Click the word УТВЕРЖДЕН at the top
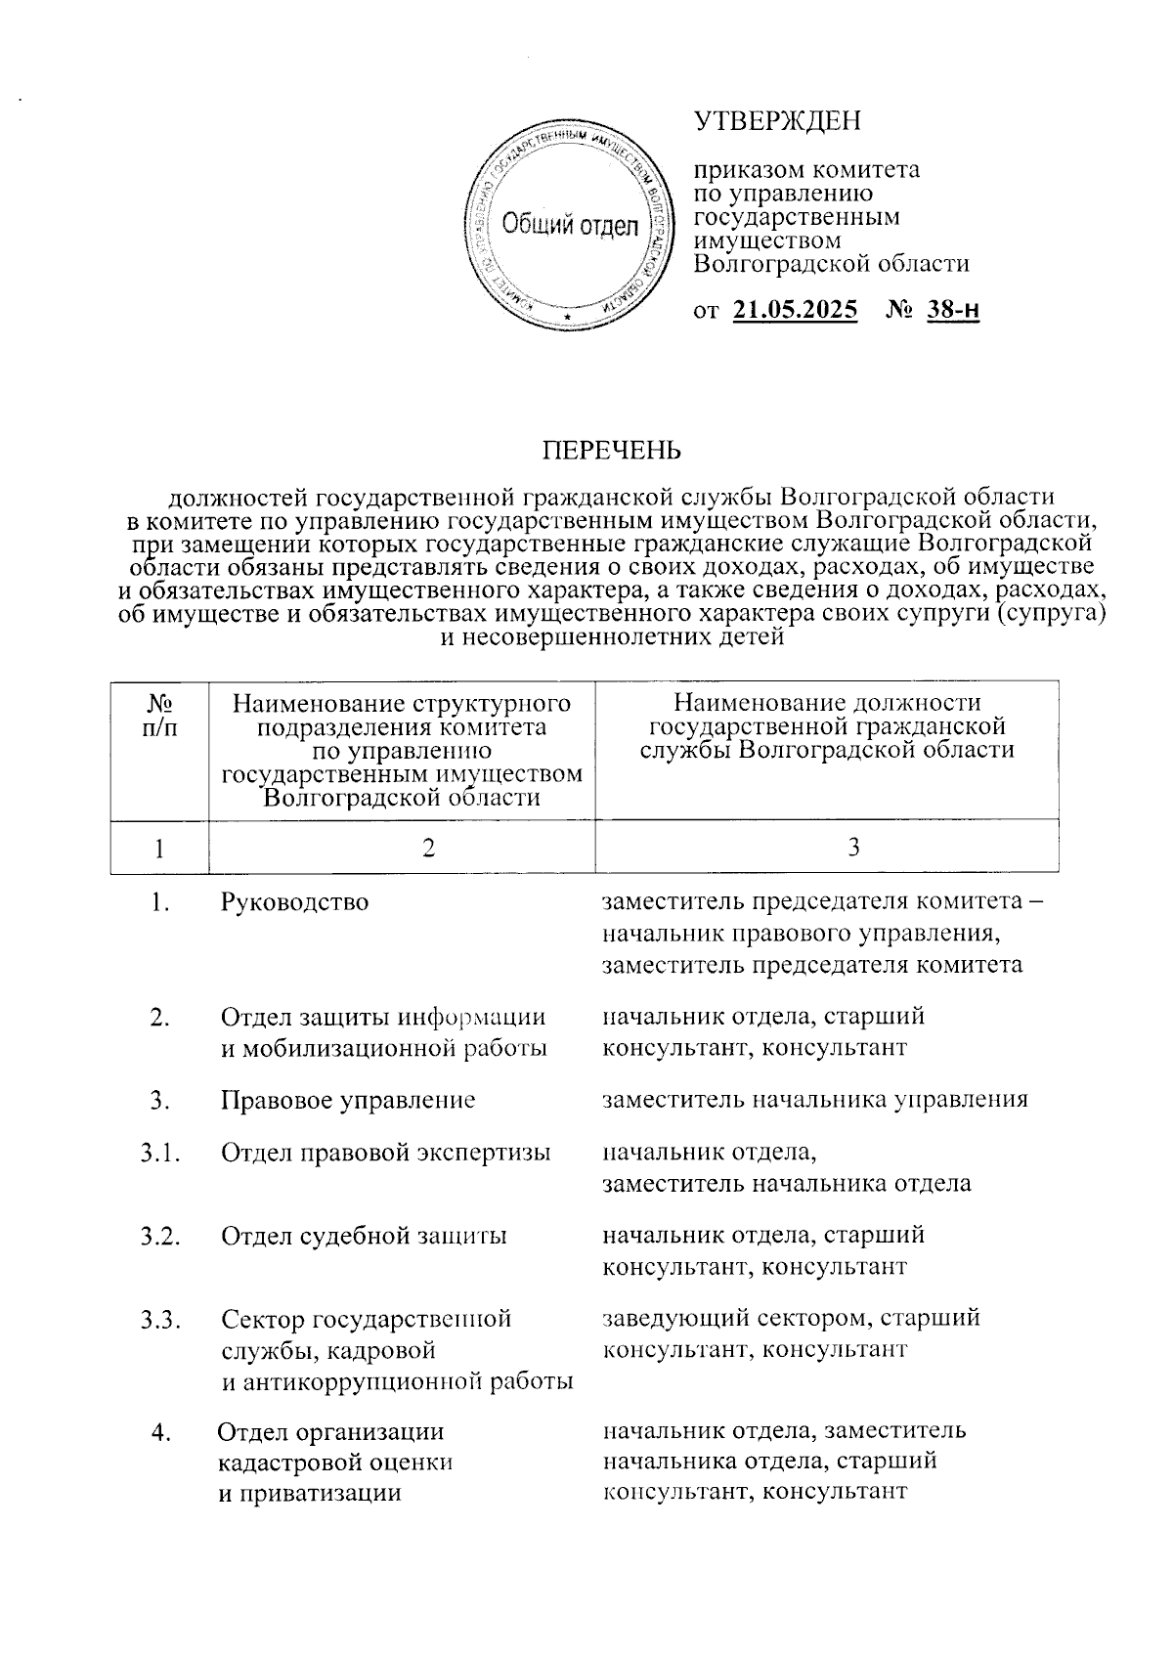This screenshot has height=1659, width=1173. (778, 121)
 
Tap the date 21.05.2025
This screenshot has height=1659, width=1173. (795, 311)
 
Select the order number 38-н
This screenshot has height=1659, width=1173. (952, 311)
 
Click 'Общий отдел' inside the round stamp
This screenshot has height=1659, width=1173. (569, 226)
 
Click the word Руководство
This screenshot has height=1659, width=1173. (295, 901)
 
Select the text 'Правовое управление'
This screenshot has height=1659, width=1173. (348, 1100)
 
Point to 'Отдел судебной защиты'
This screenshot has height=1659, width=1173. (364, 1236)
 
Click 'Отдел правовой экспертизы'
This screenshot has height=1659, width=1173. (385, 1153)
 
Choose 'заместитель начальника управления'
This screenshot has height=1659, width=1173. (815, 1100)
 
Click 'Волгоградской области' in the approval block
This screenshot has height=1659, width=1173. (831, 264)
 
